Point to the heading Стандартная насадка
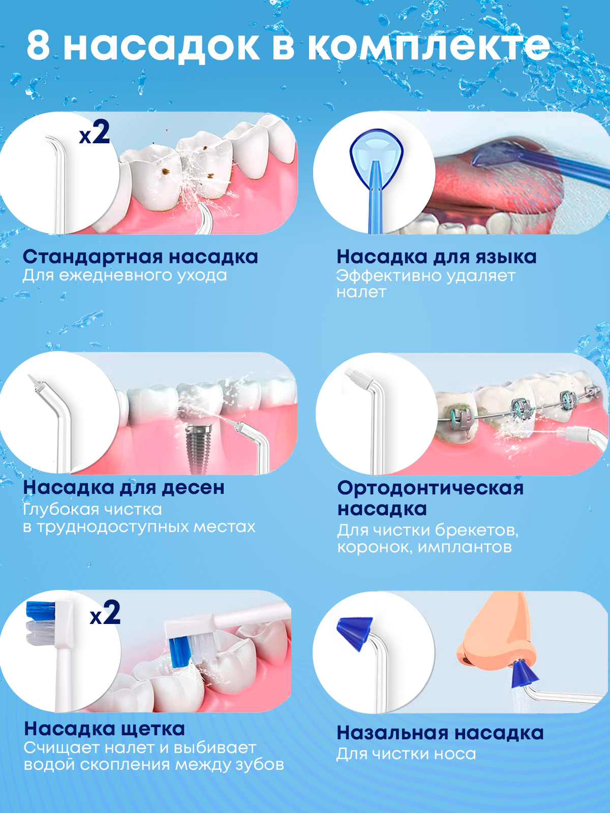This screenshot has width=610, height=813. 140,257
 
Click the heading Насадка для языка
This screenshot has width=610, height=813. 436,257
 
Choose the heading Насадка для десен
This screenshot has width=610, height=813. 124,487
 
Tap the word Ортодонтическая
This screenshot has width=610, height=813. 431,488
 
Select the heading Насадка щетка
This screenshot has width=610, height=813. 104,729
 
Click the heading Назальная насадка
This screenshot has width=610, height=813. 440,733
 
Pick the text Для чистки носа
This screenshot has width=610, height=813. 406,754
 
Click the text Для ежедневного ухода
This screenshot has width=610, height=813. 125,275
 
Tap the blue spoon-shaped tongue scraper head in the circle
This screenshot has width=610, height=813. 376,155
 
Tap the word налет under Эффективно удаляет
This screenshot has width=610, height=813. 361,292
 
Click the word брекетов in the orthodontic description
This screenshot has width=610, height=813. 477,530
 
